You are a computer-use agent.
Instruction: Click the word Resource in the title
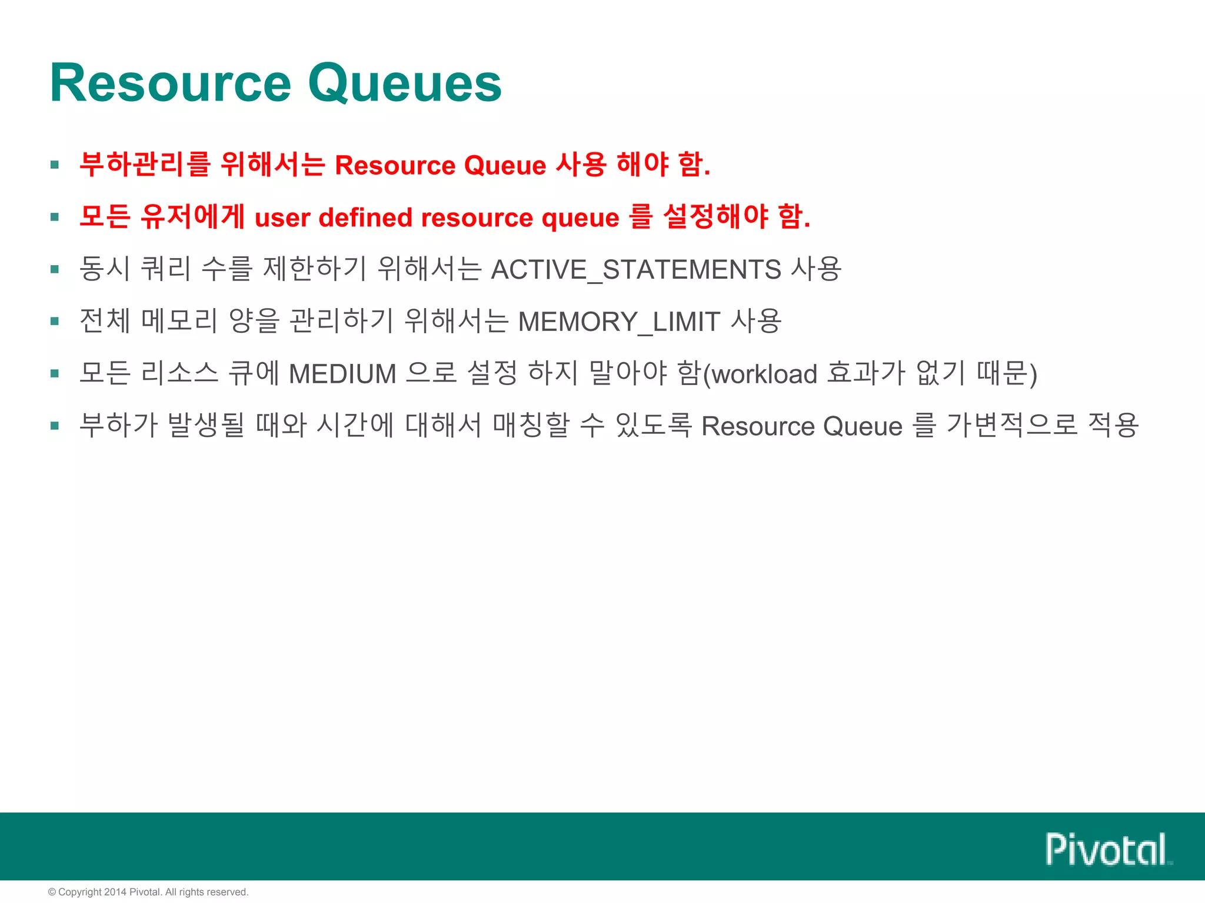tap(171, 83)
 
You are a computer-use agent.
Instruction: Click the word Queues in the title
tap(405, 83)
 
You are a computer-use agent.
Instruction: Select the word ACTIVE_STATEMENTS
tap(635, 270)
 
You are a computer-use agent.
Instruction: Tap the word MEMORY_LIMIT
tap(619, 322)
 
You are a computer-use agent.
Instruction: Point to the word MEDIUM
tap(342, 374)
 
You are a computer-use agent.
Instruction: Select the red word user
tap(282, 218)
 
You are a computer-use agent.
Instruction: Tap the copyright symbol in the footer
tap(52, 892)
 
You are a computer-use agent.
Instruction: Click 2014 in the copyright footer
tap(115, 892)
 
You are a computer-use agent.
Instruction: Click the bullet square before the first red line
tap(55, 165)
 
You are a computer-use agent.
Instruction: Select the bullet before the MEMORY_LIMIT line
tap(55, 322)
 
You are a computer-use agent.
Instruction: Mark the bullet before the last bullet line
tap(55, 426)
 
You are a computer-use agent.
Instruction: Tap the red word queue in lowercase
tap(580, 218)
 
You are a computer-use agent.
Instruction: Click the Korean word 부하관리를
tap(145, 164)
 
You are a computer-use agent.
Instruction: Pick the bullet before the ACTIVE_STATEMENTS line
tap(55, 270)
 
